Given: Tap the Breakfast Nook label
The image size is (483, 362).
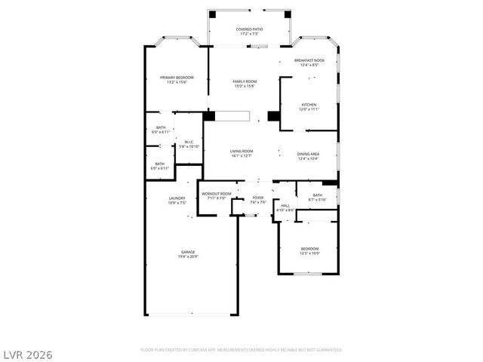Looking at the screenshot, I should [x=309, y=61].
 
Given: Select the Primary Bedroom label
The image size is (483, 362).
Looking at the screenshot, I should [x=177, y=77].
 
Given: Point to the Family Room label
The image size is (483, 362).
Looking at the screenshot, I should [x=245, y=81].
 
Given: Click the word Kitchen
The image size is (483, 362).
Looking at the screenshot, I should [x=309, y=105].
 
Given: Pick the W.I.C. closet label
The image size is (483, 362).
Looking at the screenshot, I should [x=189, y=142].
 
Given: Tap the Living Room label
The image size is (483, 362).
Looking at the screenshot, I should [x=241, y=151].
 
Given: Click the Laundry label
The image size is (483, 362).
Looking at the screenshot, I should [x=177, y=198].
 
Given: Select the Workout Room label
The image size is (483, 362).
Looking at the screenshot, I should [x=216, y=194].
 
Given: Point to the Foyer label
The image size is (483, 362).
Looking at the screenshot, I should [x=258, y=198].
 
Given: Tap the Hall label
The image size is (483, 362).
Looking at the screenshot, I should [x=285, y=205].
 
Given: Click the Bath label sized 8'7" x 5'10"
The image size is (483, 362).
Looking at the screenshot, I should [x=317, y=195].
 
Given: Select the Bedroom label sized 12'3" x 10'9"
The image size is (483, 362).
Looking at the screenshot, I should [x=309, y=248].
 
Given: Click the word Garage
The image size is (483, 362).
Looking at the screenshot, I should [x=188, y=251].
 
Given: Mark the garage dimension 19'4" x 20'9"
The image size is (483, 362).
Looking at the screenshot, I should [x=188, y=256].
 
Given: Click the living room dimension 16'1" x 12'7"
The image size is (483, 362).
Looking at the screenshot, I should [x=241, y=156].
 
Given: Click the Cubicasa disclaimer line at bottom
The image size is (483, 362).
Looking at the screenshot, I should [x=241, y=350].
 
